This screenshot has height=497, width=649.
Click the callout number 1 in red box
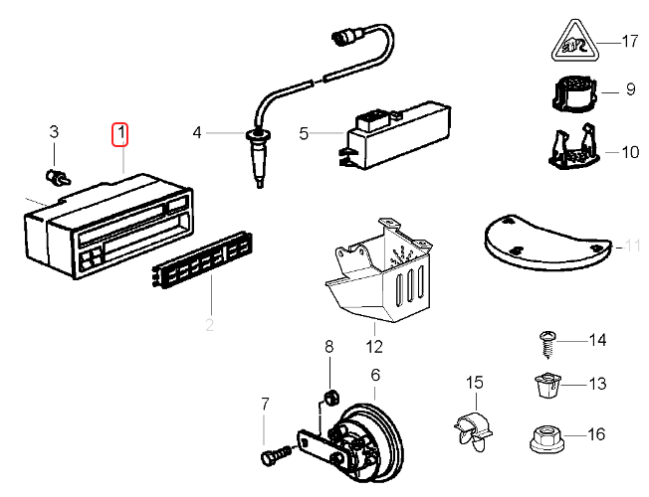pyautogui.click(x=120, y=131)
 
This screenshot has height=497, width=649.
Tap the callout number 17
pyautogui.click(x=628, y=42)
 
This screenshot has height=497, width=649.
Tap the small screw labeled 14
pyautogui.click(x=545, y=343)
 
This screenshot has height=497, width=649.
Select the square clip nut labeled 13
pyautogui.click(x=543, y=383)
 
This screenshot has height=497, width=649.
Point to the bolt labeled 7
pyautogui.click(x=271, y=456)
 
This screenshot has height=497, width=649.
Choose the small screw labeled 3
pyautogui.click(x=58, y=177)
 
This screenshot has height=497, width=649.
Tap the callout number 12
pyautogui.click(x=373, y=347)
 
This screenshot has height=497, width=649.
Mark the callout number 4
pyautogui.click(x=198, y=132)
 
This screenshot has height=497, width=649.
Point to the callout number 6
pyautogui.click(x=375, y=375)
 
